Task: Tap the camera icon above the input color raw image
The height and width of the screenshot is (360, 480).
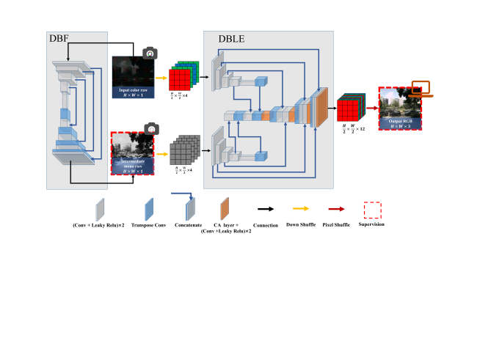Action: tap(150, 54)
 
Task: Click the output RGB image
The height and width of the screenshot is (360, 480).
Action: tap(402, 108)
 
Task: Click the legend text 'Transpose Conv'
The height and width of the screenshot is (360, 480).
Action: tap(148, 224)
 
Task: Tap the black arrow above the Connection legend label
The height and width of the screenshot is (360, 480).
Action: tap(264, 206)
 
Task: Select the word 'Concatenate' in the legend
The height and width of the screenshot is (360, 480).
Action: tap(189, 224)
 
